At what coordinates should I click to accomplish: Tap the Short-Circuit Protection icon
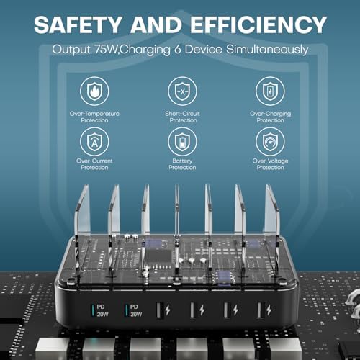pos(182,92)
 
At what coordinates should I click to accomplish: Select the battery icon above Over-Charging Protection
pos(269,92)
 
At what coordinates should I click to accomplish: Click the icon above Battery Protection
pos(182,141)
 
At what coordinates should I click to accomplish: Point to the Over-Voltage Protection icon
pos(269,141)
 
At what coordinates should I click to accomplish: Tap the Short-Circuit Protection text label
pos(182,117)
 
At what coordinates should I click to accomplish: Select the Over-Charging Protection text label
pos(269,117)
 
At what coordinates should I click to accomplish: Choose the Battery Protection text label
pos(182,164)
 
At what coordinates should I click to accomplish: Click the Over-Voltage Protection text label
pos(269,164)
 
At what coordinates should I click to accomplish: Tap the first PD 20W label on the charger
pos(102,310)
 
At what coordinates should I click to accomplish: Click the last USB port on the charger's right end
pos(257,310)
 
